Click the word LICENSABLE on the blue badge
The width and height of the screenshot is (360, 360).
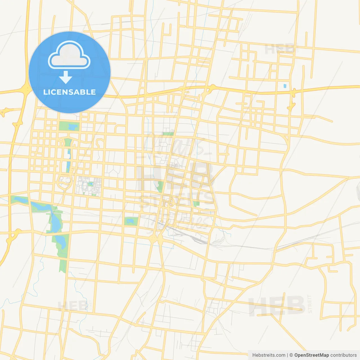point(69,92)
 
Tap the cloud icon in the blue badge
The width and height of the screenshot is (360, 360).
point(69,55)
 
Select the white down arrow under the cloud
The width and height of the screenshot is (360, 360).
point(66,77)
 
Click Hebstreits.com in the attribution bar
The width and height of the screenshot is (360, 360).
point(269,355)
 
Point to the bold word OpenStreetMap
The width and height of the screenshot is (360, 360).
point(311,355)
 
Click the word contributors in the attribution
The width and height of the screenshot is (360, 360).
point(343,355)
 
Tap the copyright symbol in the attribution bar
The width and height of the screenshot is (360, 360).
point(291,355)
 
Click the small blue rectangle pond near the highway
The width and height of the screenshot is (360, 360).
point(285,85)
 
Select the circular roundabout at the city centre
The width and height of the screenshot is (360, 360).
point(169,202)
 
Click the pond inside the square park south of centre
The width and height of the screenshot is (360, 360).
point(130,221)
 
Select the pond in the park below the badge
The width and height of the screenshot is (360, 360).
point(73,127)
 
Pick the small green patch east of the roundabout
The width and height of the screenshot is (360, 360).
point(196,203)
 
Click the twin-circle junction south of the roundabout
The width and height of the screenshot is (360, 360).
point(157,239)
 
